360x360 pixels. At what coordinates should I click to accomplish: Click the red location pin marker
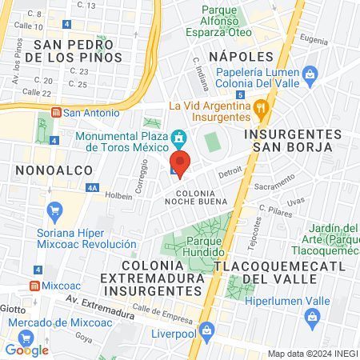[x=181, y=164]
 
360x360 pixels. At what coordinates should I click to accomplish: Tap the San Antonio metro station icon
[x=55, y=113]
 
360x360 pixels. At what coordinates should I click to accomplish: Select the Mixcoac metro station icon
[x=34, y=286]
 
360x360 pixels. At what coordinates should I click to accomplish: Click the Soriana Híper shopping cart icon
[x=55, y=212]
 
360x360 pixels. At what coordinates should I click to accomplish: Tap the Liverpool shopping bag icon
[x=206, y=330]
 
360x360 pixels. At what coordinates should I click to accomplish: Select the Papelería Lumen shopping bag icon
[x=311, y=74]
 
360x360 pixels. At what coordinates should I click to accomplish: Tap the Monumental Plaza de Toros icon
[x=178, y=136]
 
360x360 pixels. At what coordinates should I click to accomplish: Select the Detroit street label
[x=230, y=171]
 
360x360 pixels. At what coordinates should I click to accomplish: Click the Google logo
[x=27, y=349]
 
